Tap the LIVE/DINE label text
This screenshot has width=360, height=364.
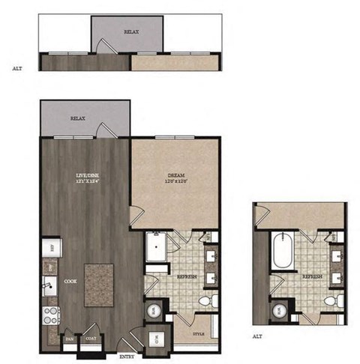tap(88, 178)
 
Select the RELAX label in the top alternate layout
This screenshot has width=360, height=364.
tap(132, 33)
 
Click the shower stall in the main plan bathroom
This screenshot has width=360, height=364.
tap(157, 248)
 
